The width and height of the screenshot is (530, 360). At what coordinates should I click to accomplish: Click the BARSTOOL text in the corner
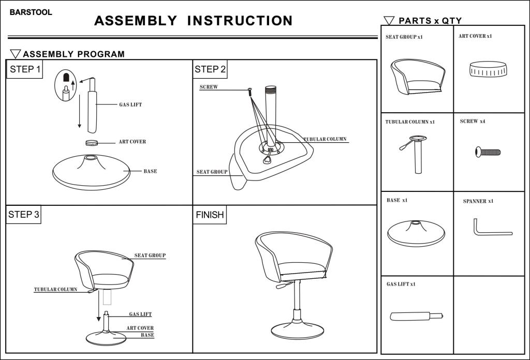click(31, 12)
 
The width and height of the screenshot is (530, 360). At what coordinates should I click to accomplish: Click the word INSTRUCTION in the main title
click(240, 21)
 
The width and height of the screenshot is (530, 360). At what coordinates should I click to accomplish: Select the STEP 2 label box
click(210, 69)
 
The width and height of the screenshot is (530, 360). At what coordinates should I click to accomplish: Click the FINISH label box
click(210, 215)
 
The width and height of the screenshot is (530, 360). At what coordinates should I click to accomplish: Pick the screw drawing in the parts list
click(488, 152)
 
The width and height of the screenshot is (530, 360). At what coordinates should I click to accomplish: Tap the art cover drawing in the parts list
click(488, 69)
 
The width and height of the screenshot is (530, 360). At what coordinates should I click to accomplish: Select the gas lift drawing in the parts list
click(416, 316)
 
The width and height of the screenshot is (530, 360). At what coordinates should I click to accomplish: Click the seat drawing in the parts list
click(417, 78)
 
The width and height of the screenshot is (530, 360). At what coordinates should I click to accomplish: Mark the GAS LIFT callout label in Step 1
click(130, 104)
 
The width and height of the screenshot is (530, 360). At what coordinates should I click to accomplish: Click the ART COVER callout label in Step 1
click(132, 142)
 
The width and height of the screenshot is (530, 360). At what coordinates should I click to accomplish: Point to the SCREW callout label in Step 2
click(209, 87)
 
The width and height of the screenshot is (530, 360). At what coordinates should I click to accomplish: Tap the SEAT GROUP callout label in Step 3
click(150, 256)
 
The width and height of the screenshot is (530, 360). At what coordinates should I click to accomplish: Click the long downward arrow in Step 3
click(98, 308)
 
